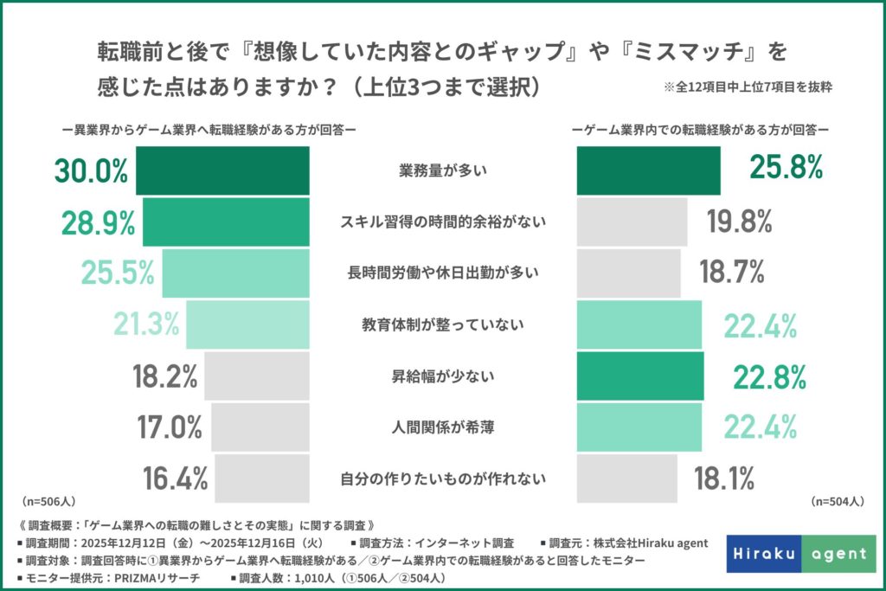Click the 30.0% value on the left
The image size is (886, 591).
91,171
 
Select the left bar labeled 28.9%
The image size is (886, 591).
226,222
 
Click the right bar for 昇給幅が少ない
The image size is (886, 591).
642,376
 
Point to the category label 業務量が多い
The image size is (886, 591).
443,171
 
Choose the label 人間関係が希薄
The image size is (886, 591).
443,427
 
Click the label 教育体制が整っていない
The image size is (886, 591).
443,325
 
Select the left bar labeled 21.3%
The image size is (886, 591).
247,324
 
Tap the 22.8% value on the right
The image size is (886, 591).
770,376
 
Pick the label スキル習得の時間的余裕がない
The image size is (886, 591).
443,222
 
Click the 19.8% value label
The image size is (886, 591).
739,222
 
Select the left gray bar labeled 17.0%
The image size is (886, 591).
260,427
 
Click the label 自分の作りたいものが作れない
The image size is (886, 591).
443,478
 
